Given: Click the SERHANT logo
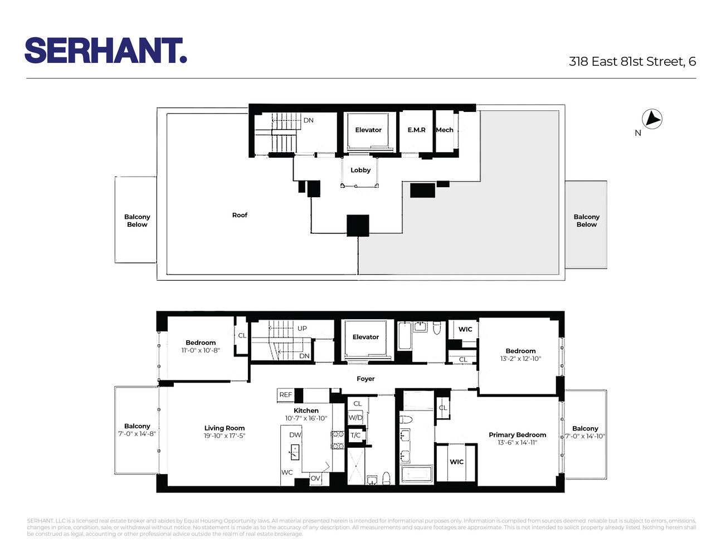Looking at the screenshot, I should (x=105, y=51).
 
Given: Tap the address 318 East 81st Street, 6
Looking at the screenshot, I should (x=632, y=62).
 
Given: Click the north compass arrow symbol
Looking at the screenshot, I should (x=652, y=119).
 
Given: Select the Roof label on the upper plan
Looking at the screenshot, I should (x=240, y=215).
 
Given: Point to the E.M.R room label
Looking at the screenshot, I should (x=416, y=130).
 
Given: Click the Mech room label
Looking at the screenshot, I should (x=445, y=130).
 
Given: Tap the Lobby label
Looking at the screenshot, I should (x=360, y=170).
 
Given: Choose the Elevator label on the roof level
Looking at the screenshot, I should (x=368, y=130).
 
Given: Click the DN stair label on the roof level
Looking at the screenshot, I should (x=308, y=120).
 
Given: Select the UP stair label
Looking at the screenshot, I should (x=302, y=329).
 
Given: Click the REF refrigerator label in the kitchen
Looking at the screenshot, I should (x=285, y=395).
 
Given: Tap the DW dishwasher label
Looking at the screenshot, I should (x=295, y=435).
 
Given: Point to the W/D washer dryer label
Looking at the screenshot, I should (x=355, y=418).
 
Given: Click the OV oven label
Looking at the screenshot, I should (x=315, y=478).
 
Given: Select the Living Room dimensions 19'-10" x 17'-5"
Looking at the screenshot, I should (x=225, y=436).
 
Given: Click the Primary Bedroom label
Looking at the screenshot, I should (x=517, y=435).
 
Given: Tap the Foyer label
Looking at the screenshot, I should (x=366, y=379).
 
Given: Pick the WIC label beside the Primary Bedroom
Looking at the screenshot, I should (x=456, y=462).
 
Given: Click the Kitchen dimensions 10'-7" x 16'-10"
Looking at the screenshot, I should (x=306, y=418).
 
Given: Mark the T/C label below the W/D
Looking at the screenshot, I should (x=355, y=436).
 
